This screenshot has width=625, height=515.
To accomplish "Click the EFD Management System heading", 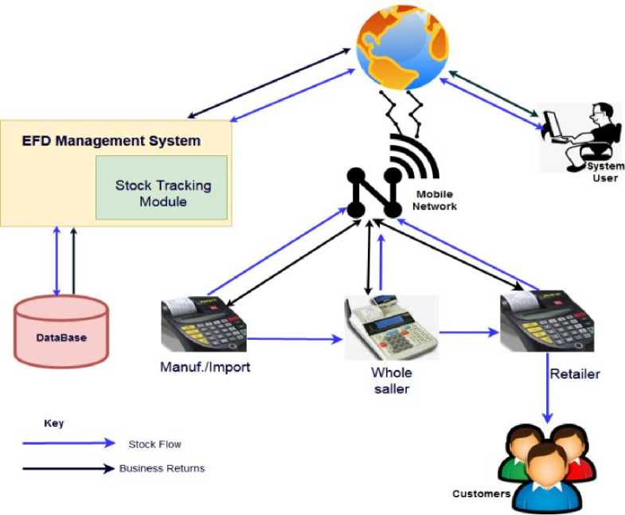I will coord(111,142).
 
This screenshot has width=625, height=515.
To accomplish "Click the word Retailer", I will coord(574,373).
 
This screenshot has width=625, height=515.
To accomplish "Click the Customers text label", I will coord(481,494).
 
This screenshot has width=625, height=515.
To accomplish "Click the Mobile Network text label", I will coord(435,200).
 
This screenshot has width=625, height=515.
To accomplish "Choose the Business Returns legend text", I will coord(162,468).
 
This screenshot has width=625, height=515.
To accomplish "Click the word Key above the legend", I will coord(53,423).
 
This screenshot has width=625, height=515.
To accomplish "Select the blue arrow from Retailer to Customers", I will coord(548,398).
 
